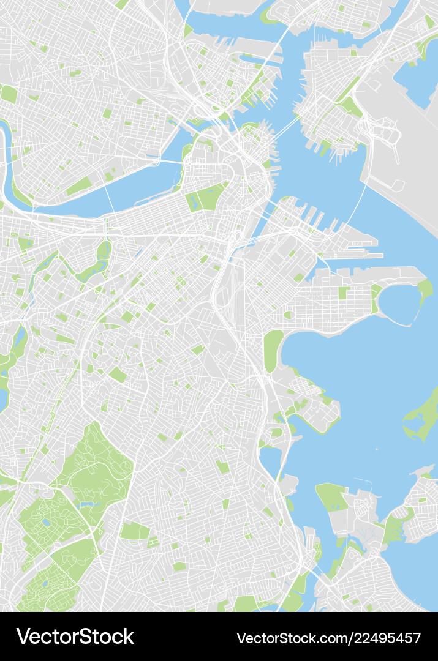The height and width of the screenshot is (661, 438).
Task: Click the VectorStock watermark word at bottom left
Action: (x=75, y=637)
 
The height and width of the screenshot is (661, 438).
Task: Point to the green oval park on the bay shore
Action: (x=273, y=351)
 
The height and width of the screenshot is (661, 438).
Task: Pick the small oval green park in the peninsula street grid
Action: (x=288, y=315)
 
